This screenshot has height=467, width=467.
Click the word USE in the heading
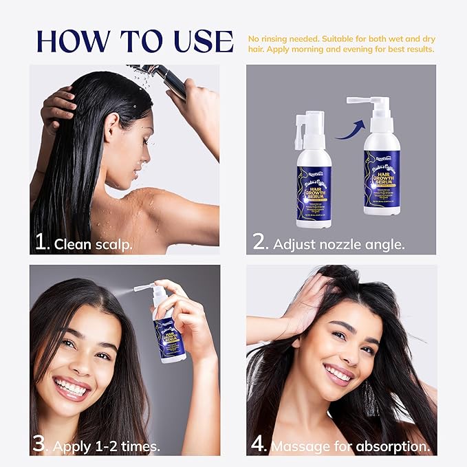pyautogui.click(x=199, y=41)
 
